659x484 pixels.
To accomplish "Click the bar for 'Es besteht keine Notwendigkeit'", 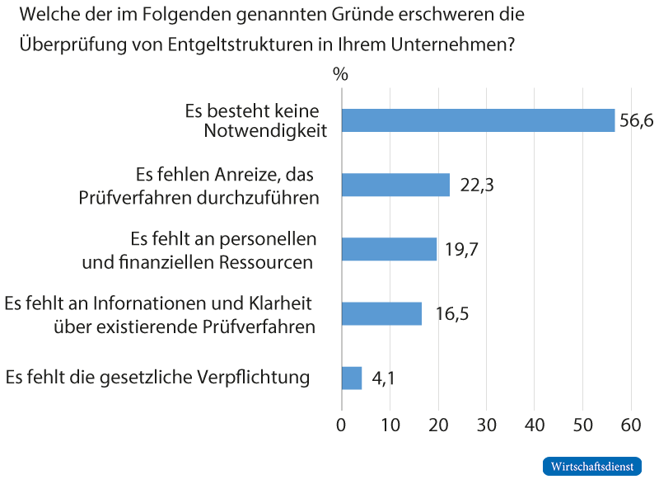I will [478, 120].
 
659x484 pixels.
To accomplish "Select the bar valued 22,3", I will [395, 185].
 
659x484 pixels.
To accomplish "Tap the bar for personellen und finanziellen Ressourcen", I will [389, 249].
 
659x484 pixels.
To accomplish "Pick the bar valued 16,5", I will [381, 313].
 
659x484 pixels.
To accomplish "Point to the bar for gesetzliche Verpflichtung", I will [352, 378].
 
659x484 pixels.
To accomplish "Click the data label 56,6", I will [636, 121].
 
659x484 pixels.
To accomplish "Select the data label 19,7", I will [462, 250].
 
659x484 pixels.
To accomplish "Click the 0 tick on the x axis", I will [342, 426].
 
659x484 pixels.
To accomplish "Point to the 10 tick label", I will [390, 426].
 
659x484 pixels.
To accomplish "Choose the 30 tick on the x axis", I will [487, 426].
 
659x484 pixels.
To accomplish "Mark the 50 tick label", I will [583, 426].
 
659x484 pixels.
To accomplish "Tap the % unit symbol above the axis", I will [341, 73].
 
